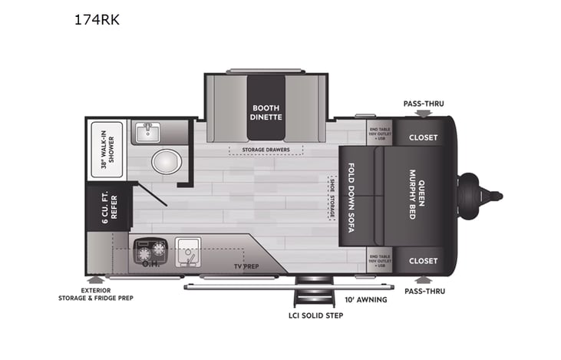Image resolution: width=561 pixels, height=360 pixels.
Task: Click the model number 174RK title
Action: point(97,20)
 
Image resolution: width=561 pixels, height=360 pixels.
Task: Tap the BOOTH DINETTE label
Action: point(266,112)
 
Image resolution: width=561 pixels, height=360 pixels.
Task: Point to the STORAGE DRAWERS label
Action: point(266,149)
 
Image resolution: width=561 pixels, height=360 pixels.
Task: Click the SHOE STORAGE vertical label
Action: point(331,197)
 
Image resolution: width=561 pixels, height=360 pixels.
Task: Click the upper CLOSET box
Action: point(423,137)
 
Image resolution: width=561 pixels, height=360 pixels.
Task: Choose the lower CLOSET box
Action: point(423,260)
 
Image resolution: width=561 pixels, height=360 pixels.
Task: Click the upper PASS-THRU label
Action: point(424,104)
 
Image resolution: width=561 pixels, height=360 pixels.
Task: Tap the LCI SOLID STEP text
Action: point(311,315)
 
